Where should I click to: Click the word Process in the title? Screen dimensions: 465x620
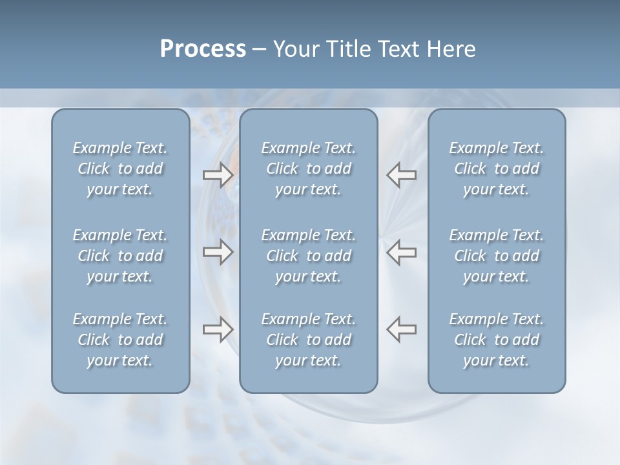pyautogui.click(x=203, y=49)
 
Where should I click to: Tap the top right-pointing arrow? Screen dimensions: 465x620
pyautogui.click(x=218, y=174)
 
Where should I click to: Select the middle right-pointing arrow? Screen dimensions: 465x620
pyautogui.click(x=218, y=252)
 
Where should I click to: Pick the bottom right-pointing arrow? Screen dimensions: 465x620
pyautogui.click(x=218, y=329)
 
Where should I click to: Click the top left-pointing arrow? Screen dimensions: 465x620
pyautogui.click(x=401, y=174)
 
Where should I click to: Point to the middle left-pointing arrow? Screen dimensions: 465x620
pyautogui.click(x=401, y=252)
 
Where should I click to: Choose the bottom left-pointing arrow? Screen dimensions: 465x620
pyautogui.click(x=401, y=329)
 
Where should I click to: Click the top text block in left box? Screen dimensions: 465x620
pyautogui.click(x=120, y=169)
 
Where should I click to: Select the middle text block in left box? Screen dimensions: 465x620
pyautogui.click(x=120, y=256)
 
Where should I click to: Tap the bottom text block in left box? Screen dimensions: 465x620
pyautogui.click(x=120, y=340)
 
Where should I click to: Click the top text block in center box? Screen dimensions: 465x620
pyautogui.click(x=309, y=169)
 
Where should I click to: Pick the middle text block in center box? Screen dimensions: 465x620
pyautogui.click(x=309, y=256)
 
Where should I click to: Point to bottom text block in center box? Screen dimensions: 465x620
pyautogui.click(x=309, y=340)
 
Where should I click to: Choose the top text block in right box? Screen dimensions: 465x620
pyautogui.click(x=497, y=169)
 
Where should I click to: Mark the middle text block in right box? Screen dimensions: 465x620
pyautogui.click(x=497, y=256)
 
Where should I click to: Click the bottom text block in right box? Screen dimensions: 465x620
pyautogui.click(x=497, y=340)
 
